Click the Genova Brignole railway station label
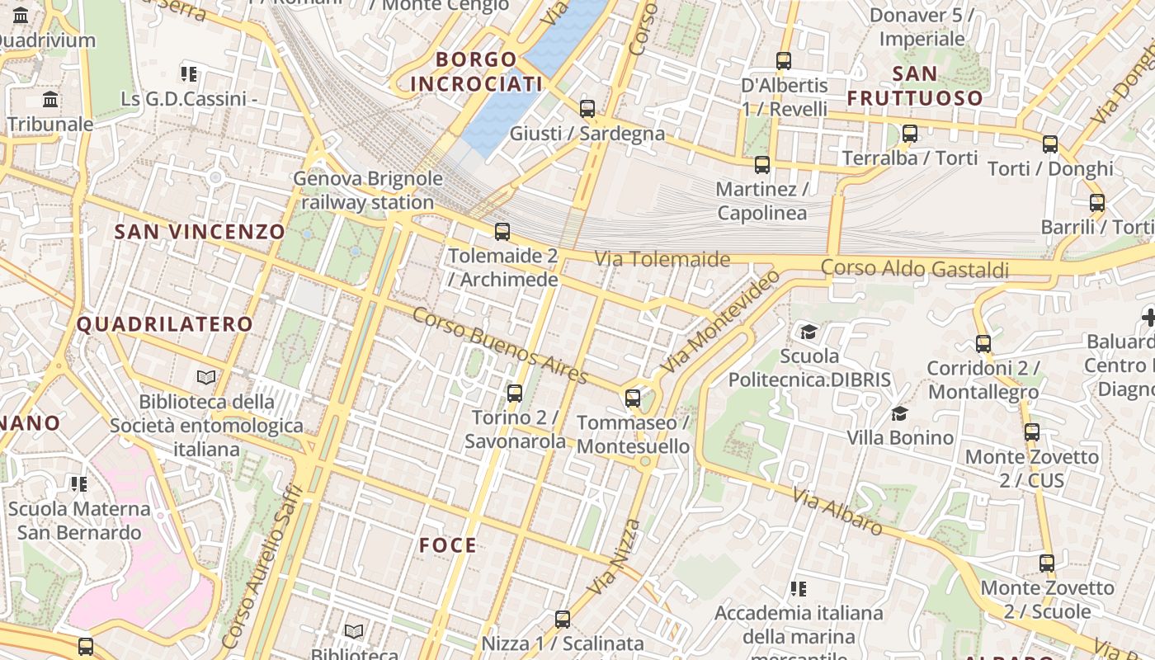click(x=368, y=191)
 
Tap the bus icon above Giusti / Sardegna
click(x=587, y=108)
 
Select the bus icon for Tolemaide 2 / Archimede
click(x=502, y=231)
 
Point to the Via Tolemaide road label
click(x=662, y=259)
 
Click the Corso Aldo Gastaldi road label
click(x=914, y=269)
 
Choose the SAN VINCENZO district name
click(x=200, y=232)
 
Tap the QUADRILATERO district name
click(x=164, y=324)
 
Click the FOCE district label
click(x=448, y=545)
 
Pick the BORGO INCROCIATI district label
click(x=476, y=72)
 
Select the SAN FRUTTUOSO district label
click(x=915, y=86)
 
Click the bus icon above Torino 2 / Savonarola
click(x=515, y=393)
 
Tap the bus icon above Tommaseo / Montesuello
click(x=633, y=398)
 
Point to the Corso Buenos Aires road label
click(x=500, y=346)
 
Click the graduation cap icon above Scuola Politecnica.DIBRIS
click(x=808, y=332)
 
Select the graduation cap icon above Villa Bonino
click(x=899, y=413)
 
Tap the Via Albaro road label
click(x=837, y=511)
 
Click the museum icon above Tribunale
click(x=50, y=100)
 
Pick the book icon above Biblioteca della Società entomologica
click(x=206, y=377)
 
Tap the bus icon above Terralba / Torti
click(x=910, y=133)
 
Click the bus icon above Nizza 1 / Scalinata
click(x=563, y=619)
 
